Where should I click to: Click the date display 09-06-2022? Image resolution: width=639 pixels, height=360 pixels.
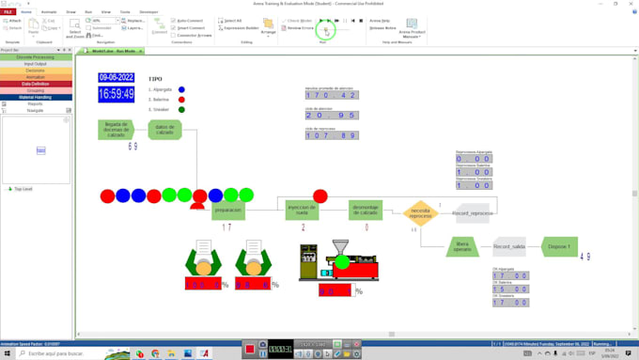click(x=117, y=78)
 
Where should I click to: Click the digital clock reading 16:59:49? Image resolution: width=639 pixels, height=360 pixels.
click(x=117, y=94)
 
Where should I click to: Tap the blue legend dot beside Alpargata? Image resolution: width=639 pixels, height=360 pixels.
click(x=181, y=89)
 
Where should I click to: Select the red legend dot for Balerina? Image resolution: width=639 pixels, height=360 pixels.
click(x=181, y=100)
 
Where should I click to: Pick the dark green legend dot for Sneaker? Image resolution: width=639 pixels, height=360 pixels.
click(x=181, y=110)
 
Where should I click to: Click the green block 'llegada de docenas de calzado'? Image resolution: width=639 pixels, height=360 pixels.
click(x=116, y=130)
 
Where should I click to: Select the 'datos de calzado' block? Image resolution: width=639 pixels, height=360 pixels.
click(x=164, y=130)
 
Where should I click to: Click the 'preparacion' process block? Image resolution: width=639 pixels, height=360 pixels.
click(x=227, y=211)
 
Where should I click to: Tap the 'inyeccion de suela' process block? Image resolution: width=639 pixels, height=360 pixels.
click(x=302, y=211)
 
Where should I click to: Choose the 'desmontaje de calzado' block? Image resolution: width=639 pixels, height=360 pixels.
click(x=366, y=211)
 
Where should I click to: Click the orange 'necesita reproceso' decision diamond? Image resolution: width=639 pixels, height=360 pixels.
click(x=420, y=212)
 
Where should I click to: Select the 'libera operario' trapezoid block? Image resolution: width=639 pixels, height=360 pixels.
click(x=462, y=247)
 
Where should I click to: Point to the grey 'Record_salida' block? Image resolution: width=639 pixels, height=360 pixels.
click(x=509, y=247)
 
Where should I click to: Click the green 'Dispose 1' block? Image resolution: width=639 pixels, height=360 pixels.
click(x=559, y=247)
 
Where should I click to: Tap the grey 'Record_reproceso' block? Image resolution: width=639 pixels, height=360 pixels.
click(x=473, y=213)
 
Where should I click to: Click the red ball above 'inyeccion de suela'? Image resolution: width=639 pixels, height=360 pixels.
click(x=320, y=196)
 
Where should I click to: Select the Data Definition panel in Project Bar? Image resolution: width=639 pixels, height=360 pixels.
click(x=35, y=84)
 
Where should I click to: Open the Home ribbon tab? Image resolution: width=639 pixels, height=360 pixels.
click(x=26, y=12)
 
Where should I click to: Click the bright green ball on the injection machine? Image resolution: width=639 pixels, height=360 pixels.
click(x=343, y=262)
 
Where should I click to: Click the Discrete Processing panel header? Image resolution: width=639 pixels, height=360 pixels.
click(x=35, y=57)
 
